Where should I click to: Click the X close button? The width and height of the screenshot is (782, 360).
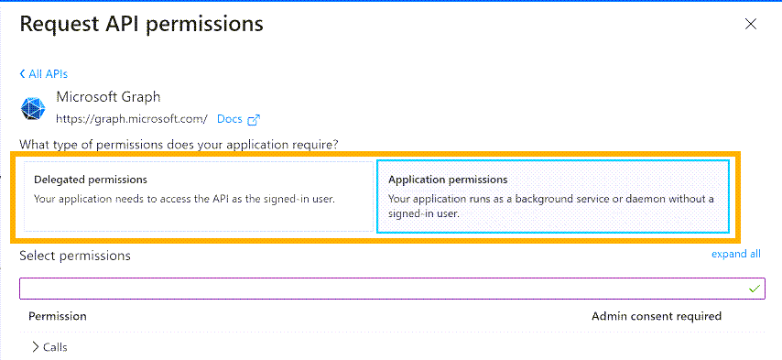click(x=751, y=25)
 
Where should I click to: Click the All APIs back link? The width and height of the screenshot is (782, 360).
click(x=47, y=74)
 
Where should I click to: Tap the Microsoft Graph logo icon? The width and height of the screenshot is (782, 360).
click(x=33, y=108)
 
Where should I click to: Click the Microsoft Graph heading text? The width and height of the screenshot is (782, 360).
click(x=108, y=96)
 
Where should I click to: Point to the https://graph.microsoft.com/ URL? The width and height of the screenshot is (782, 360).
click(x=132, y=119)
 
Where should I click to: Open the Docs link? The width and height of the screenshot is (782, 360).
click(x=229, y=119)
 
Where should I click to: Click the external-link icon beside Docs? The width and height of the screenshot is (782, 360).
click(x=255, y=119)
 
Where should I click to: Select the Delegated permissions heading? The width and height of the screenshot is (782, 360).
click(x=91, y=180)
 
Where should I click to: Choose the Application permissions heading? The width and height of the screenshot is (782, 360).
click(x=448, y=180)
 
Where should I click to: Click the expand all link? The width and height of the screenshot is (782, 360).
click(x=735, y=255)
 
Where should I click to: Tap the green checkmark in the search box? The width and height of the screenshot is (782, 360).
click(x=755, y=289)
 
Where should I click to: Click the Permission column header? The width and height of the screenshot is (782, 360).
click(x=58, y=316)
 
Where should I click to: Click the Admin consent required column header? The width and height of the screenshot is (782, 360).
click(x=657, y=316)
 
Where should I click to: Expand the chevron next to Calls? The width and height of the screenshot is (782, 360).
click(x=35, y=347)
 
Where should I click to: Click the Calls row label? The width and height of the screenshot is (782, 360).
click(x=55, y=347)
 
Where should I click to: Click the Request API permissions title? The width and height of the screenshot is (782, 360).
click(x=142, y=25)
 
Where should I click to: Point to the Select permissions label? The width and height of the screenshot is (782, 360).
click(x=75, y=256)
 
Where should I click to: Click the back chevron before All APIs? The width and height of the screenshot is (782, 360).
click(x=22, y=74)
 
